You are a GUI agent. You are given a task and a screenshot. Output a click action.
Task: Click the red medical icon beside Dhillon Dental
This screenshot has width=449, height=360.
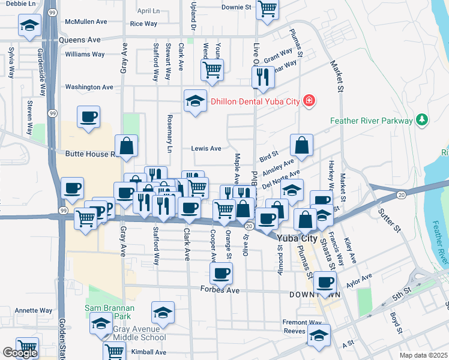[309, 101]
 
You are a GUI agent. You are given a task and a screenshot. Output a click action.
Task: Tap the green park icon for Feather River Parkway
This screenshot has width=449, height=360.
[423, 120]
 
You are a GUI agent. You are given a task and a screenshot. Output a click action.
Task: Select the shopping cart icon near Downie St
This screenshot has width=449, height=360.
[267, 9]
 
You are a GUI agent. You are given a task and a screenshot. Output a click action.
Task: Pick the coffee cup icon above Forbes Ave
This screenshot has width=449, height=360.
[221, 274]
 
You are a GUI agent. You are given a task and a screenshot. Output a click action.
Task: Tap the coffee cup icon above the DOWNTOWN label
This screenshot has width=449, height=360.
[325, 281]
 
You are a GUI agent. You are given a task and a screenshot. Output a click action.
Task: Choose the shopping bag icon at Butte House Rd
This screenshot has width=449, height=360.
[127, 146]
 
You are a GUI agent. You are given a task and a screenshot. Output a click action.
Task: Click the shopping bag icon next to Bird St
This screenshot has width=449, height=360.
[301, 145]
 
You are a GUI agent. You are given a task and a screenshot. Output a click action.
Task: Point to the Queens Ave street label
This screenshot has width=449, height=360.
[80, 40]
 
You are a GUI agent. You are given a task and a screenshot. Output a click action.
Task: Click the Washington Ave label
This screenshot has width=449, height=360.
[89, 87]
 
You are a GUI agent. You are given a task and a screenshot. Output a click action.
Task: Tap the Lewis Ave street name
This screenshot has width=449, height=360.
[206, 148]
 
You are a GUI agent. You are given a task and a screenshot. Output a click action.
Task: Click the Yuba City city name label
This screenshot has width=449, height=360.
[297, 238]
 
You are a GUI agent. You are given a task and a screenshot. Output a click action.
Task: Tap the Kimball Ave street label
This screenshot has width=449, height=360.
[148, 352]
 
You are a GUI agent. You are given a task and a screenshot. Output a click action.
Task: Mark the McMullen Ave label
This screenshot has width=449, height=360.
[86, 22]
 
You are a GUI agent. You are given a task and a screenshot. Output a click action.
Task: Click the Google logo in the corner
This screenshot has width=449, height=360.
[20, 353]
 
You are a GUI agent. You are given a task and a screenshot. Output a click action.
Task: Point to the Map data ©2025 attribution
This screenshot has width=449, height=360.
[423, 355]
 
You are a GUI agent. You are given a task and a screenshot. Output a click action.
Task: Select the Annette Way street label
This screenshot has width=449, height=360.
[33, 311]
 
